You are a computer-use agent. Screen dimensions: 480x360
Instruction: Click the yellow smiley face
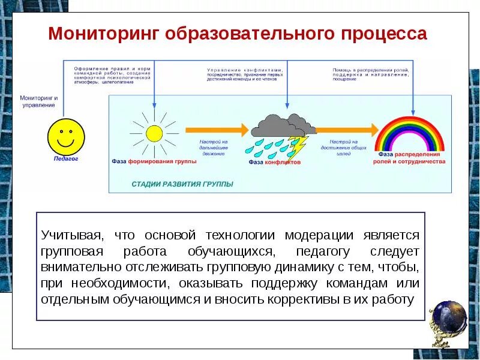(66, 136)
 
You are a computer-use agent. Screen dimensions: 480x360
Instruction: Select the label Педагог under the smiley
(65, 160)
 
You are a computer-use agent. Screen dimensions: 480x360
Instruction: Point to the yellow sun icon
(154, 132)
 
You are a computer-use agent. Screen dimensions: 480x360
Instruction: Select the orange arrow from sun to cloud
(216, 129)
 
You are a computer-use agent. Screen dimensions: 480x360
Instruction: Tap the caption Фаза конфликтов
(274, 162)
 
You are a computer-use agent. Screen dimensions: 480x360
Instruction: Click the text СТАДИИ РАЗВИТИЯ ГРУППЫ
(182, 184)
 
